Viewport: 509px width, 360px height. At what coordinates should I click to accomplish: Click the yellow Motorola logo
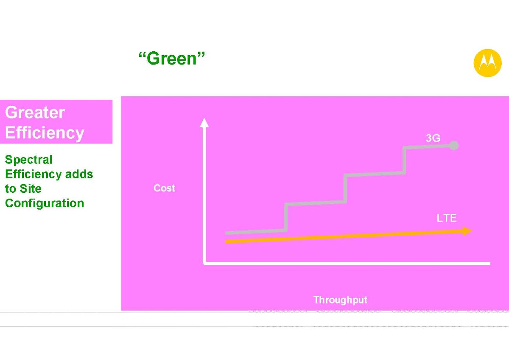pos(487,63)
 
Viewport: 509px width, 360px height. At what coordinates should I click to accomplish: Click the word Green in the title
pos(171,59)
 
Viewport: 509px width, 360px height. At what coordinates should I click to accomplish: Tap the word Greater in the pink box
pos(35,112)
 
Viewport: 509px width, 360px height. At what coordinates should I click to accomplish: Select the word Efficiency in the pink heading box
pos(45,133)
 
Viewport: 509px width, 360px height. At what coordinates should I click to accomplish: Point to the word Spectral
pos(29,160)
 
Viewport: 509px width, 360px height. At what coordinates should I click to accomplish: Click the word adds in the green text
pos(79,174)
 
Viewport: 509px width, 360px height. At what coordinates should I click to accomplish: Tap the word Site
pos(31,188)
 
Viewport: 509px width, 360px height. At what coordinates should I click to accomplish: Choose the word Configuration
pos(45,203)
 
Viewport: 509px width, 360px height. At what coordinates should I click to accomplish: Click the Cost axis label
pos(164,188)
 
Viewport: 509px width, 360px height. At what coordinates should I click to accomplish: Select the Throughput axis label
pos(340,300)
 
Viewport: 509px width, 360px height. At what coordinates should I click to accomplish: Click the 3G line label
pos(433,138)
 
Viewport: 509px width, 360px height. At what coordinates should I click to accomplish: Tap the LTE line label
pos(447,218)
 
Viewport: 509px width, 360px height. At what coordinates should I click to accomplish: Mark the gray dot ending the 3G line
pos(454,146)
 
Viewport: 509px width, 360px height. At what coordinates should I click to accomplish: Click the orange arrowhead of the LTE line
pos(467,231)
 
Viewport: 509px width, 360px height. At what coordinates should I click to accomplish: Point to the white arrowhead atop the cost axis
pos(204,123)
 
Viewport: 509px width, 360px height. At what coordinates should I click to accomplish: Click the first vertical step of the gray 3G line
pos(286,217)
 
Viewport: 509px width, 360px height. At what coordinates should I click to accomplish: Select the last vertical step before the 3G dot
pos(404,160)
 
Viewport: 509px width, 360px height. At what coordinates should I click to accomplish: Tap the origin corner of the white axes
pos(204,263)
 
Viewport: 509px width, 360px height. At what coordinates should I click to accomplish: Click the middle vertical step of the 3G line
pos(345,188)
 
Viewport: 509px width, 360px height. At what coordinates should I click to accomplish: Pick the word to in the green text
pos(11,189)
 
